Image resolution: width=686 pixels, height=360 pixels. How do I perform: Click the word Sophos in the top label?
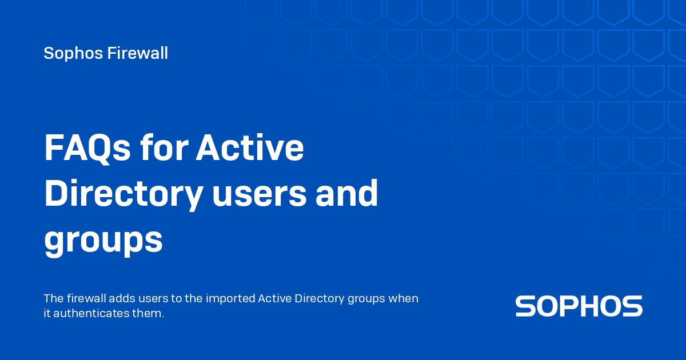click(x=73, y=54)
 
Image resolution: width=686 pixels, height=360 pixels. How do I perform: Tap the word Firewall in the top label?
click(x=138, y=53)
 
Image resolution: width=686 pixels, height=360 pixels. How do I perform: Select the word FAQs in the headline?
click(x=87, y=148)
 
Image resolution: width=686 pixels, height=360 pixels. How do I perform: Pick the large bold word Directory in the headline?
click(x=123, y=194)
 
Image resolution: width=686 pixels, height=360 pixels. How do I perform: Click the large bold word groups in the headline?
click(x=103, y=241)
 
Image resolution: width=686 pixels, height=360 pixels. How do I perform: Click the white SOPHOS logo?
click(x=579, y=306)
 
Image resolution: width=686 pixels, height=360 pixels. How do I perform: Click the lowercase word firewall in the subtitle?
click(x=86, y=298)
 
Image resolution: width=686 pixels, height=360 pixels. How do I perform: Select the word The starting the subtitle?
click(x=54, y=298)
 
